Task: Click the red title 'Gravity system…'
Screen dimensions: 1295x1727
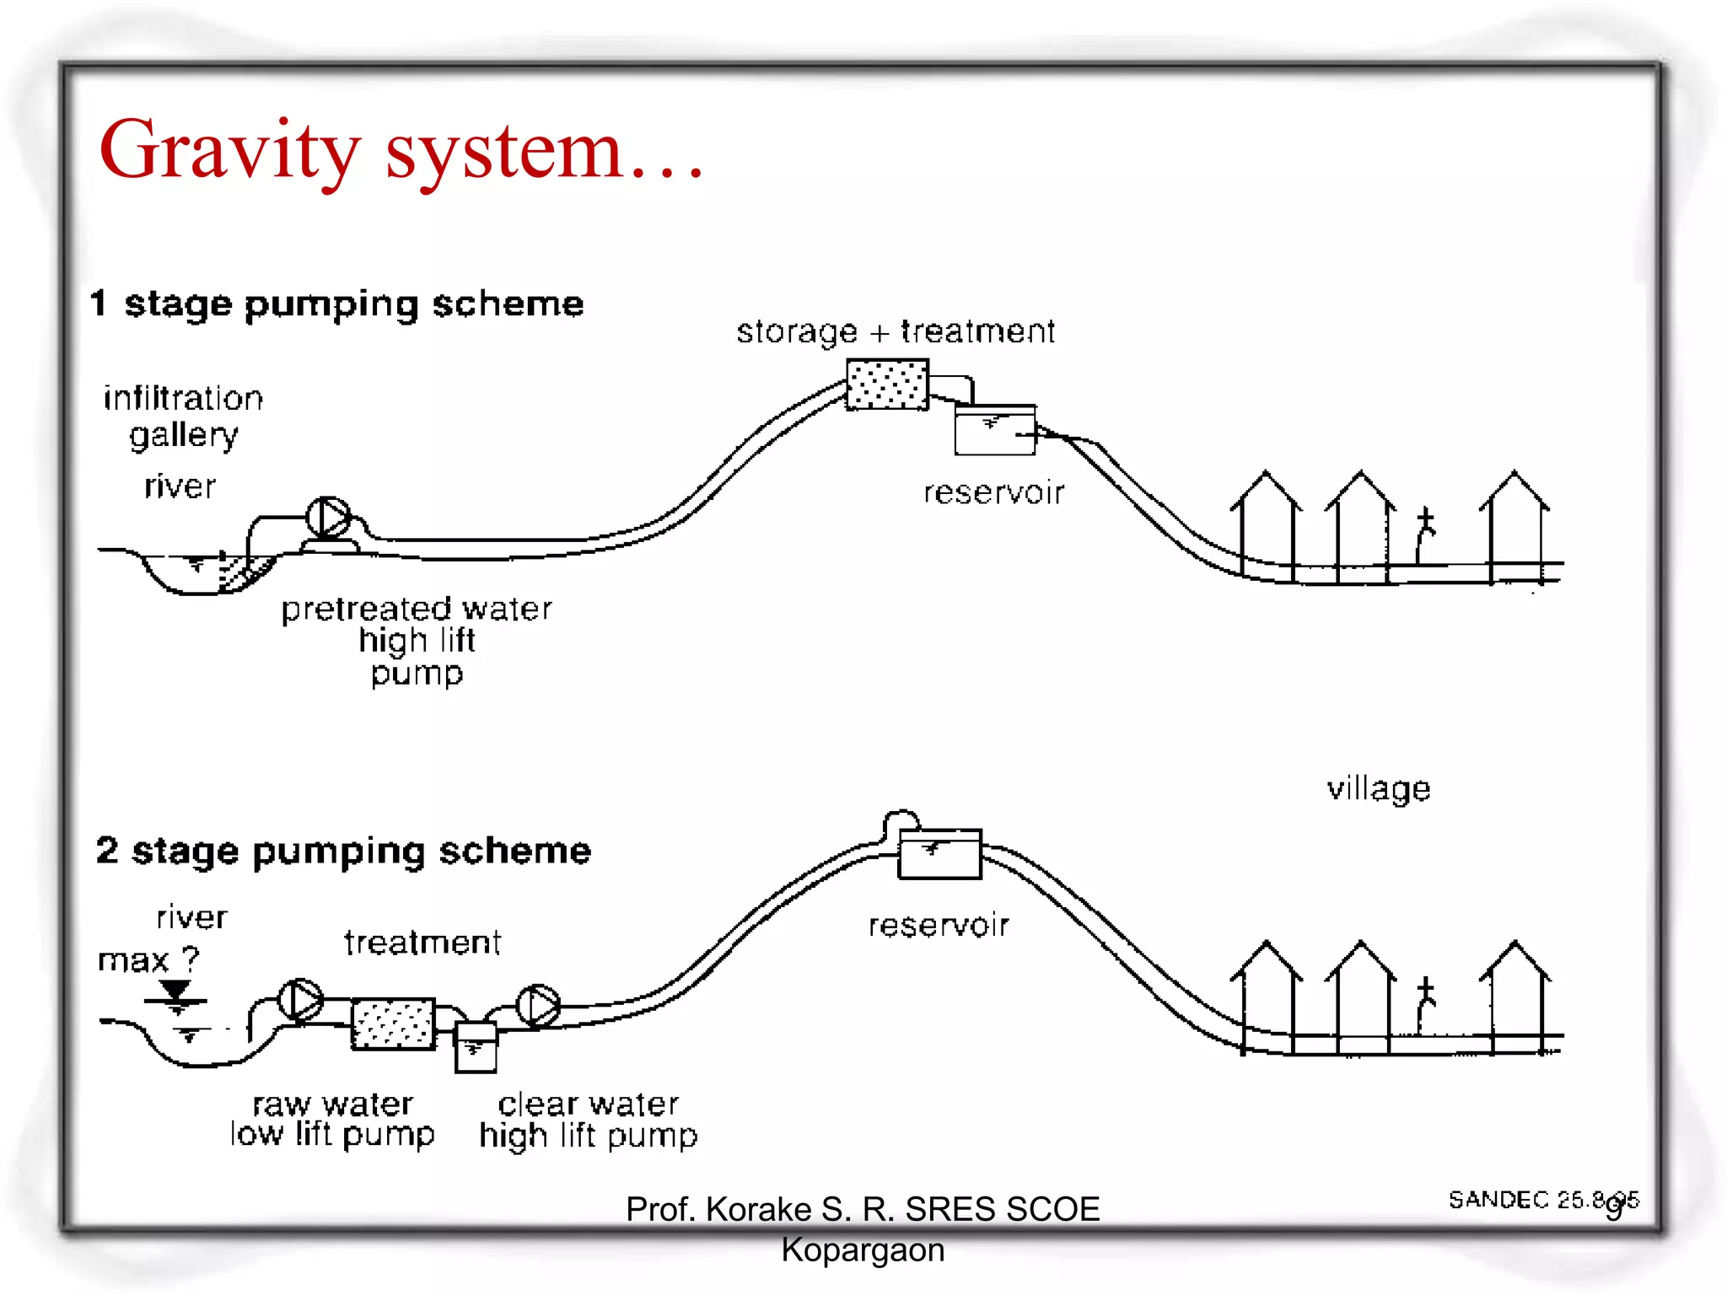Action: point(401,152)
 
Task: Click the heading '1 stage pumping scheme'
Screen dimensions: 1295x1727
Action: point(337,304)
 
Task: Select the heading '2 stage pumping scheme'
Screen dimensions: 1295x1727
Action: point(344,851)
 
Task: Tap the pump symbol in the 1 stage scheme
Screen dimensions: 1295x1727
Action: point(328,518)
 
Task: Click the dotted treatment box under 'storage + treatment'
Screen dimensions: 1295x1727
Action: point(887,384)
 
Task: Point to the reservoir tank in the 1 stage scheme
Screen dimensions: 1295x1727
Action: point(994,430)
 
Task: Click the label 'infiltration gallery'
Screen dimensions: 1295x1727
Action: point(183,416)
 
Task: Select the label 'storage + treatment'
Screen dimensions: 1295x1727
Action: point(896,331)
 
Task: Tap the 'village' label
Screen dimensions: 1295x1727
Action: point(1379,789)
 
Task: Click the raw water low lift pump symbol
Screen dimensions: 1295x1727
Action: point(300,1001)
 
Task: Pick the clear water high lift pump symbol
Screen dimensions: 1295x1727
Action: point(538,1006)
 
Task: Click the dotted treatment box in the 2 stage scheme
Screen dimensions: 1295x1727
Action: point(393,1024)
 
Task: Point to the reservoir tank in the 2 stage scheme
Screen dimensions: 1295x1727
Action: point(939,854)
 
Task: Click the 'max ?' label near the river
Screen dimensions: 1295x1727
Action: point(148,960)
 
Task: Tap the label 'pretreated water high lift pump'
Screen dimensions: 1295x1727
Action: point(417,640)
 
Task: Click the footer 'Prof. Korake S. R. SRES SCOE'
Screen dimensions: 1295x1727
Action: point(863,1209)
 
